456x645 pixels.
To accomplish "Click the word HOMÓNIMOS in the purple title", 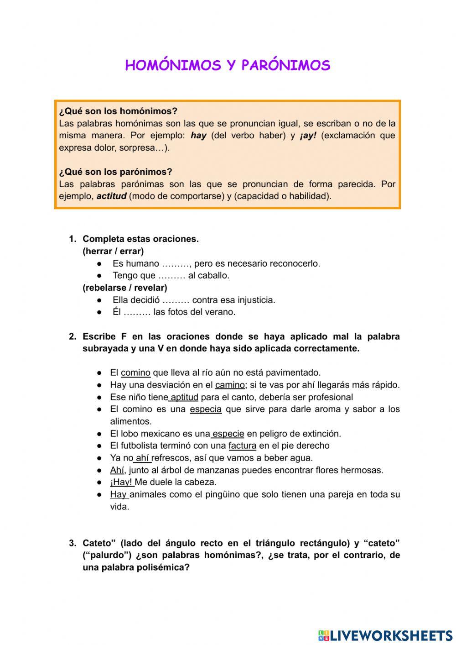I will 172,66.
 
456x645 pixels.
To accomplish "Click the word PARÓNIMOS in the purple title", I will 285,66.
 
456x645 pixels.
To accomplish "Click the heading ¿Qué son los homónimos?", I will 118,111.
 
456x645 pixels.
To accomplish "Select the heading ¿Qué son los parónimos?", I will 115,172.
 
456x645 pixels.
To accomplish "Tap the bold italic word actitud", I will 111,196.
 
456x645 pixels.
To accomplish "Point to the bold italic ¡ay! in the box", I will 308,136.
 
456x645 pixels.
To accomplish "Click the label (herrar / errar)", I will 113,251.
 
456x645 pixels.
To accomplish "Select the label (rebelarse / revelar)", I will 125,288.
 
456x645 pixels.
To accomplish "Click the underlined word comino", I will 135,372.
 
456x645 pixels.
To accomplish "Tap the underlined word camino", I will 230,385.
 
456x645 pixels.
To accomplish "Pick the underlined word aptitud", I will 184,397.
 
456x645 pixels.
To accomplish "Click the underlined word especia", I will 206,409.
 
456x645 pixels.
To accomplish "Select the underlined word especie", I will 228,434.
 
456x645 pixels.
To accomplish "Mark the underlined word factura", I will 242,446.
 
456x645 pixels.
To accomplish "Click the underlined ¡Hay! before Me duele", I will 121,482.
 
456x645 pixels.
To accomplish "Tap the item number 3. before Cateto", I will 73,543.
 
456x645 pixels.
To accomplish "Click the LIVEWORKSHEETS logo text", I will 391,635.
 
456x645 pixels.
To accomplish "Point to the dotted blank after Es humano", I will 176,264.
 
